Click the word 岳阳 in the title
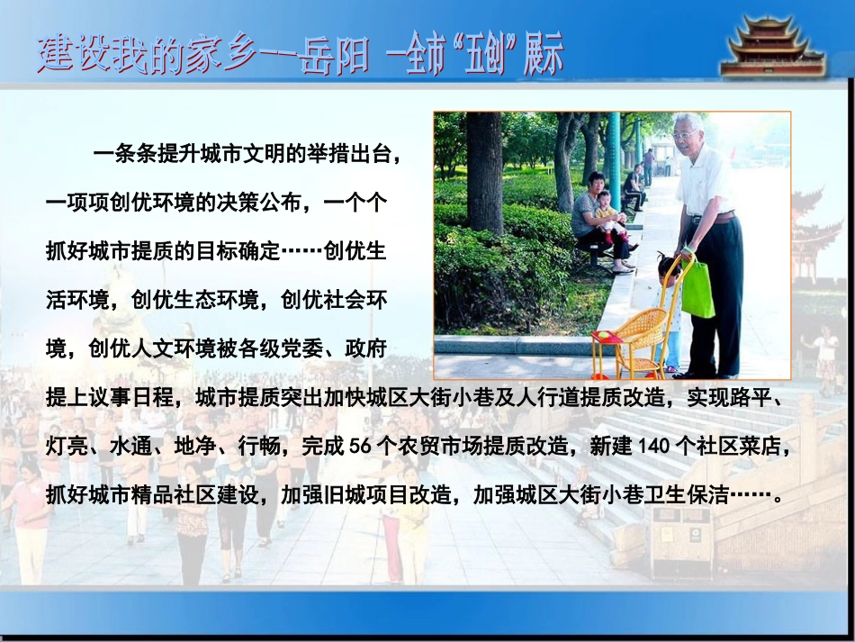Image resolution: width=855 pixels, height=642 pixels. click(337, 56)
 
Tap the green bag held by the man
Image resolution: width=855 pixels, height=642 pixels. click(697, 289)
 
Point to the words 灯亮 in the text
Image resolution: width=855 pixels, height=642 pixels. click(66, 446)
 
